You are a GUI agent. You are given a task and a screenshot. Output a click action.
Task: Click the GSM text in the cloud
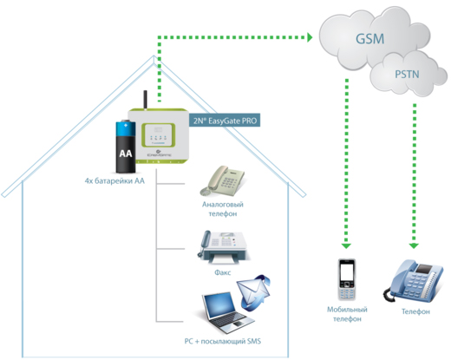(369, 39)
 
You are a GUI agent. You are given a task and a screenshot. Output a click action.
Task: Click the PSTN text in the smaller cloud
(407, 75)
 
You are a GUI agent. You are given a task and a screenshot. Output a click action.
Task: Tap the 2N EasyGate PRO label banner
(225, 121)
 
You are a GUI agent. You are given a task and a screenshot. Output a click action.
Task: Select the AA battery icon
(126, 147)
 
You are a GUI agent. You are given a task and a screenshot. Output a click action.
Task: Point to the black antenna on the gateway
(146, 100)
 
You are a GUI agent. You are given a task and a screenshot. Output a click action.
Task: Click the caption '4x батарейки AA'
(114, 181)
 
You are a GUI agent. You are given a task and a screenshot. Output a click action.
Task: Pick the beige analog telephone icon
(222, 180)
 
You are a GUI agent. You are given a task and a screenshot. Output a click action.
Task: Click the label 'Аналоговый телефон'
(223, 209)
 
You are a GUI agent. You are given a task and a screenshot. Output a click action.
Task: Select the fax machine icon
(222, 247)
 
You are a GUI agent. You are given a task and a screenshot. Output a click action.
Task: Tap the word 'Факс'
(223, 272)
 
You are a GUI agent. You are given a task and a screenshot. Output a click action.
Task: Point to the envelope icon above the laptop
(253, 292)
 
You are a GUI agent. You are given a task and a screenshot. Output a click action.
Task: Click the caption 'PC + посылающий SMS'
(223, 342)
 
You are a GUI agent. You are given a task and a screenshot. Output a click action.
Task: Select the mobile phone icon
(347, 279)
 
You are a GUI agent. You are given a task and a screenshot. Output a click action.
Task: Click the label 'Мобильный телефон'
(347, 314)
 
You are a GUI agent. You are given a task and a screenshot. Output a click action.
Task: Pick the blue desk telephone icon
(414, 281)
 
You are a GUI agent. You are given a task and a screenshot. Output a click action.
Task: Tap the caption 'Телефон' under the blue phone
(415, 311)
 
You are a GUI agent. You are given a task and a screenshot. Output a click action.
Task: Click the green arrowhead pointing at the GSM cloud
(310, 37)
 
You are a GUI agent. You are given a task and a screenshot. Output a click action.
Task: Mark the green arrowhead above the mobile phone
(346, 246)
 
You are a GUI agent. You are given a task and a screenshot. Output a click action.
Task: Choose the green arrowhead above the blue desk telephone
(414, 245)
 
